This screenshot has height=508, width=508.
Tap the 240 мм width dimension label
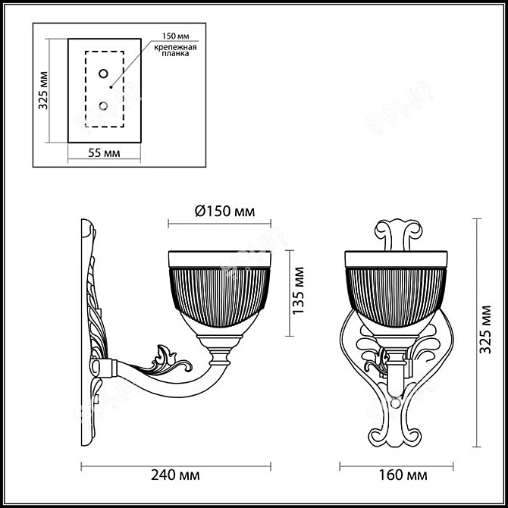(x=179, y=475)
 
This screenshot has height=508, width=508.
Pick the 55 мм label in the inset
(x=105, y=152)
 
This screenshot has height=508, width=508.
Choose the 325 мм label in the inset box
(x=43, y=91)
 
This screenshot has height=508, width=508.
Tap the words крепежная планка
(x=175, y=52)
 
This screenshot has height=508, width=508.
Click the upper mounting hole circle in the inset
(x=103, y=74)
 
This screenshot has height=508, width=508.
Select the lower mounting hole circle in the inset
(x=103, y=105)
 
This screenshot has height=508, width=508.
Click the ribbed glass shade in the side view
(x=218, y=292)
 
